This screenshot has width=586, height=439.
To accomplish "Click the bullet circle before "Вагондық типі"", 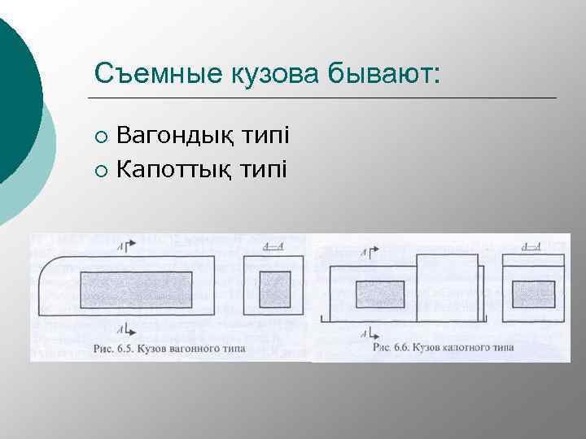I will pos(100,135).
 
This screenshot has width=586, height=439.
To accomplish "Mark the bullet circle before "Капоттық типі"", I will pos(100,170).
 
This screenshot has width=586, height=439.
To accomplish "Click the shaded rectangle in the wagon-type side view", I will pos(136,289).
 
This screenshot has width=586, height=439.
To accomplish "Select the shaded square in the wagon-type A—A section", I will pos(274,289).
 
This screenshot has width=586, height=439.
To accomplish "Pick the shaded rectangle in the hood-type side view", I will pos(380,293).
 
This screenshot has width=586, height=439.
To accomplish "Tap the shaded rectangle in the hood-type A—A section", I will pos(533,293).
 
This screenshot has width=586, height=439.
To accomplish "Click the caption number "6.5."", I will pos(122,350).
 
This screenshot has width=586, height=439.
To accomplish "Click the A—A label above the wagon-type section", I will pos(273,246).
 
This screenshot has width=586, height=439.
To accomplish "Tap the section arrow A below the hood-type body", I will pos(371,333).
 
